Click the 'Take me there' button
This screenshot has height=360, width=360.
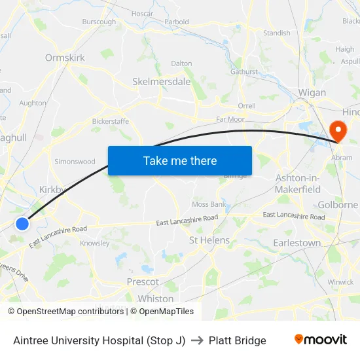[x=179, y=160]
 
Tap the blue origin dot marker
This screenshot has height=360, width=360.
[x=22, y=224]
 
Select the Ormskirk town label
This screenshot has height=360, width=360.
[x=65, y=58]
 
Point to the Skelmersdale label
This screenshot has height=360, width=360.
[x=161, y=82]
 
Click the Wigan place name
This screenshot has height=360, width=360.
[x=312, y=92]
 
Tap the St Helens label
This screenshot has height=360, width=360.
[x=209, y=240]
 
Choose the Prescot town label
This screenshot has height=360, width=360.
[x=143, y=281]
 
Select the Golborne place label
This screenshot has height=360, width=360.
[x=338, y=205]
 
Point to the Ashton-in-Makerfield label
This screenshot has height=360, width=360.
[x=298, y=183]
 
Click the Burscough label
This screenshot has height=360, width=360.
[x=99, y=22]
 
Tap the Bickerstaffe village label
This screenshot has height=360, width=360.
[x=110, y=121]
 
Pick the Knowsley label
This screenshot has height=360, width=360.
[x=94, y=243]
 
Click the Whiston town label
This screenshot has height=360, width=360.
[x=156, y=298]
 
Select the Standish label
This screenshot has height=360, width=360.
[x=276, y=33]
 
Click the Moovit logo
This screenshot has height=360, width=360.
[x=321, y=340]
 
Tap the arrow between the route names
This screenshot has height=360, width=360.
[x=197, y=340]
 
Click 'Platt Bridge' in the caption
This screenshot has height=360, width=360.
[x=238, y=340]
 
